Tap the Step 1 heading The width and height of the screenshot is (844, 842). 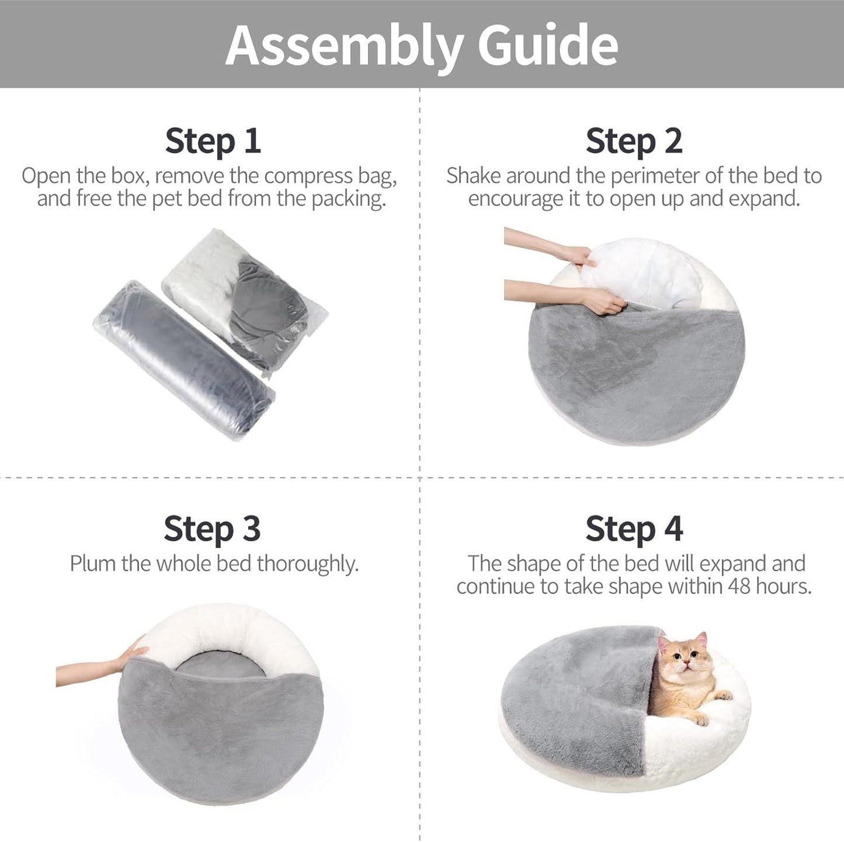pyautogui.click(x=213, y=141)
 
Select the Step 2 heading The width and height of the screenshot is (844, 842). pyautogui.click(x=634, y=141)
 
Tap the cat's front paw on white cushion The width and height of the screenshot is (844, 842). pyautogui.click(x=723, y=695)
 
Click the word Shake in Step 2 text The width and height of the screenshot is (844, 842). pyautogui.click(x=474, y=176)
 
